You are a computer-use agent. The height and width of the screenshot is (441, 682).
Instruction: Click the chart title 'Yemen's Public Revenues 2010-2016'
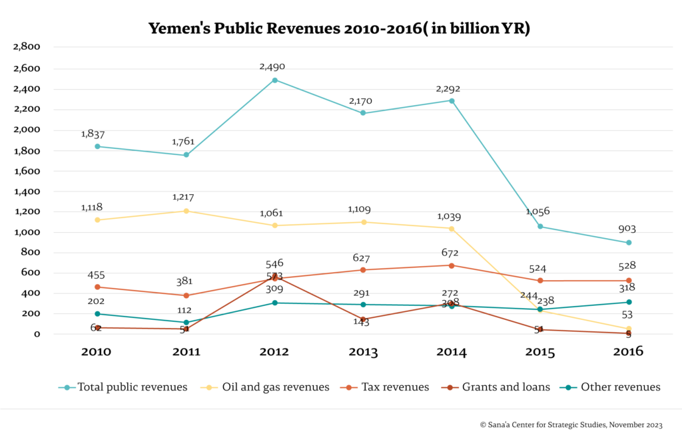click(x=339, y=29)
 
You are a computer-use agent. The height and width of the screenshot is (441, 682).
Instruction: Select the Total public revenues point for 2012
click(x=274, y=80)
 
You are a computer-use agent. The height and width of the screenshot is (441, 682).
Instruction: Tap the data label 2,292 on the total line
click(x=448, y=89)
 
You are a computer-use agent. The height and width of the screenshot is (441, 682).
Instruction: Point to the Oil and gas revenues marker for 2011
click(x=186, y=211)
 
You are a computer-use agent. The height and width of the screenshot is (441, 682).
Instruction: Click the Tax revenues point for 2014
click(x=452, y=265)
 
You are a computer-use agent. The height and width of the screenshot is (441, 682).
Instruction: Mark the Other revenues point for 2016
click(x=628, y=302)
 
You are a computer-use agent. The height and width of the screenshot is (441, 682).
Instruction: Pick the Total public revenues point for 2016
click(x=628, y=243)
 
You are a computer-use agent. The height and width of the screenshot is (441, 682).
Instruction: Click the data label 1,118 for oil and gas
click(x=92, y=208)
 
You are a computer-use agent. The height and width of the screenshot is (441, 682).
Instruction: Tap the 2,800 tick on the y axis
click(x=27, y=47)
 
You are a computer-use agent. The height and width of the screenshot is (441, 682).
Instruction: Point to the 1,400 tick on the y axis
click(x=27, y=192)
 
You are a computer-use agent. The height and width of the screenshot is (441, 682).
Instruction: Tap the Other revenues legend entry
click(x=613, y=386)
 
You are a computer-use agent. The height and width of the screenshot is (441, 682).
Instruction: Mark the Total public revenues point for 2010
click(x=98, y=146)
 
